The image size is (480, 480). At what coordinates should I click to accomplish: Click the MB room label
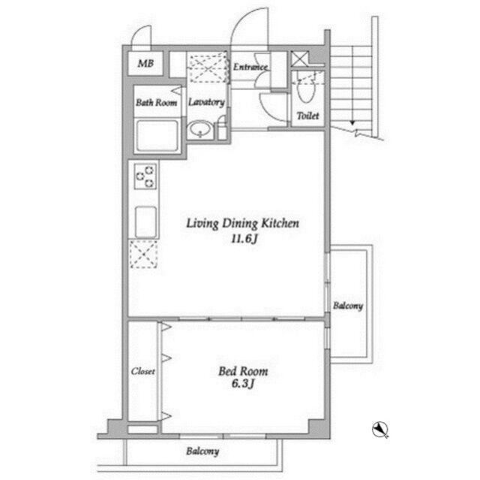click(x=145, y=63)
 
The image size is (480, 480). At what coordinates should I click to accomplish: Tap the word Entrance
click(x=250, y=67)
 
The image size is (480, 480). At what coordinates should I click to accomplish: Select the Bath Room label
click(x=157, y=102)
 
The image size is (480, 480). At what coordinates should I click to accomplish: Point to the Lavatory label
click(x=206, y=102)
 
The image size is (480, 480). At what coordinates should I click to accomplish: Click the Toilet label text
click(x=307, y=116)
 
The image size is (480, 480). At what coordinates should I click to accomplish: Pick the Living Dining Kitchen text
click(x=243, y=223)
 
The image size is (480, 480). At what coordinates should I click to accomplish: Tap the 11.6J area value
click(x=244, y=238)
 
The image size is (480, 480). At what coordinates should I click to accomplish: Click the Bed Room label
click(x=243, y=371)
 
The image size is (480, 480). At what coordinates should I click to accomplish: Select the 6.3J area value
click(x=243, y=383)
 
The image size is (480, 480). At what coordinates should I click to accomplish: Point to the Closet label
click(x=142, y=371)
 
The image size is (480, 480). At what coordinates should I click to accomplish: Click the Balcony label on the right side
click(x=348, y=306)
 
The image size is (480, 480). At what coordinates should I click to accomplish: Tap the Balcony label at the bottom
click(x=202, y=451)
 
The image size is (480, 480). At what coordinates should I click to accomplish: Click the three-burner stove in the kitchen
click(x=145, y=177)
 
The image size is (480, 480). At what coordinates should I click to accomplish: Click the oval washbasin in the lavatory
click(x=200, y=129)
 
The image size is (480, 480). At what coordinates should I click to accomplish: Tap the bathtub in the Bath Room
click(x=157, y=135)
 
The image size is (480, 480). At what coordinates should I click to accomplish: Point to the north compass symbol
click(x=380, y=429)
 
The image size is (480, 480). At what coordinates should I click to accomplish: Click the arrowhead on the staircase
click(x=352, y=123)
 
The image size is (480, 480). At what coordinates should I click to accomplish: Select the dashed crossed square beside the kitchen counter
click(x=143, y=255)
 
